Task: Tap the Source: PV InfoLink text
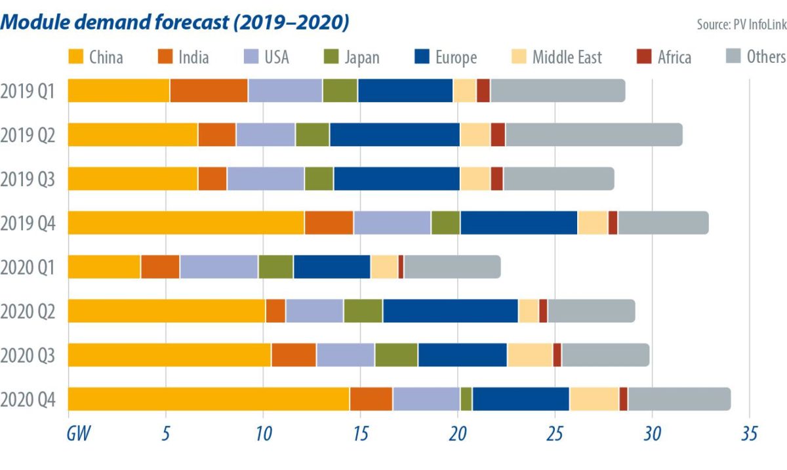click(740, 25)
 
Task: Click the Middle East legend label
click(567, 57)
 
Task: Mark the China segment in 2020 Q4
click(209, 399)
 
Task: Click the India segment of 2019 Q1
click(209, 90)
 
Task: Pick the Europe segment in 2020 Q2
click(450, 311)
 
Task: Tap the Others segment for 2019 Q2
click(594, 134)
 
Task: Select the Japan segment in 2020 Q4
click(466, 399)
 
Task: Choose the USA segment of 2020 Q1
click(218, 267)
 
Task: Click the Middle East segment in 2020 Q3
click(530, 355)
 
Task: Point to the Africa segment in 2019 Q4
click(613, 223)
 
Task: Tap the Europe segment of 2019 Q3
click(397, 178)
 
